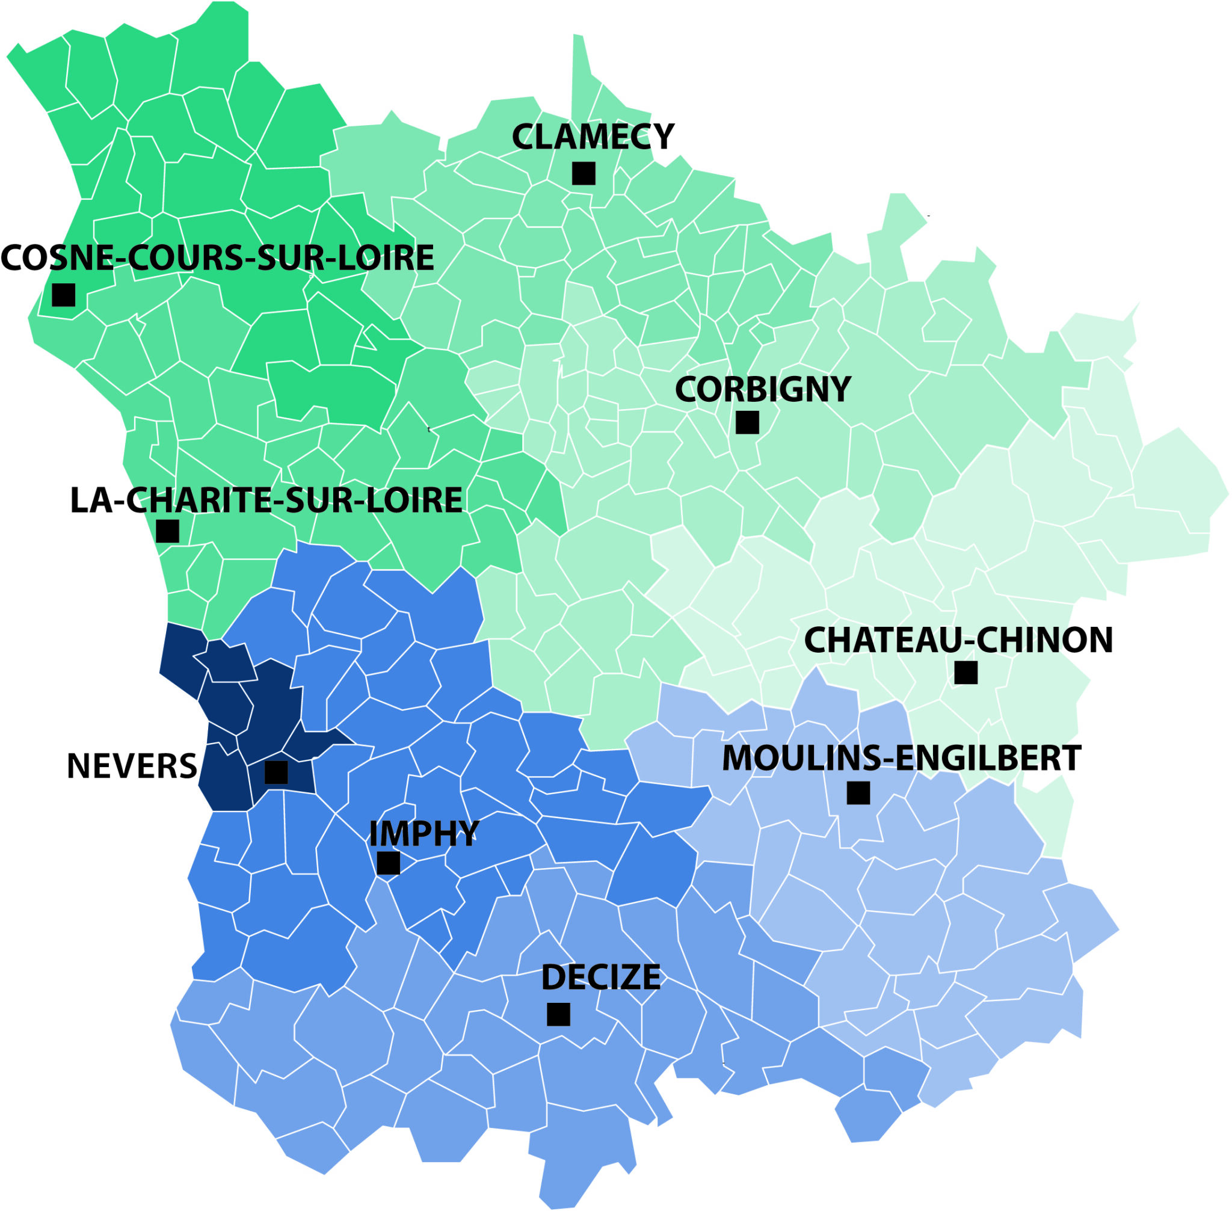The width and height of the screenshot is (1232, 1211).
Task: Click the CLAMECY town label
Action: coord(592,137)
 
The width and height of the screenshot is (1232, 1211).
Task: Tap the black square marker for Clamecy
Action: coord(584,173)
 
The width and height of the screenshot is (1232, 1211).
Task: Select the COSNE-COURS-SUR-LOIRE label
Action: coord(218,257)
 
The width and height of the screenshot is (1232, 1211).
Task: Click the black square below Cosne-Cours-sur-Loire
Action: coord(64,295)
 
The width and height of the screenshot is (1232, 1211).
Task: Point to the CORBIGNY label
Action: coord(763,389)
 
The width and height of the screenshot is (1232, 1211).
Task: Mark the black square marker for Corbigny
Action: coord(747,422)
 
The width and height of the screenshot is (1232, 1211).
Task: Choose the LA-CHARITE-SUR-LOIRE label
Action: coord(266,501)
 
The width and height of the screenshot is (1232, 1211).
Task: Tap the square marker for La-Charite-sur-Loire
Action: coord(167,531)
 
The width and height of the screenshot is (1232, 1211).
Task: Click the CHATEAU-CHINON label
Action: coord(958,641)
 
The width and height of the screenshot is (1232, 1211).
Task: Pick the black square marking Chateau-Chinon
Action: coord(966,673)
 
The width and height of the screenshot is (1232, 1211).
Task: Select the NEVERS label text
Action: coord(132,766)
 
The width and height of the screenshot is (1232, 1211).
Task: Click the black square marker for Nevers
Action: coord(276,772)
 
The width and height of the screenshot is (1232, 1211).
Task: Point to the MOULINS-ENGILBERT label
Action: coord(901,758)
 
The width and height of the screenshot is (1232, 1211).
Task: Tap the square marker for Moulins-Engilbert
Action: coord(858,793)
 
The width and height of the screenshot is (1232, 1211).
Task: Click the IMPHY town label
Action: coord(423,834)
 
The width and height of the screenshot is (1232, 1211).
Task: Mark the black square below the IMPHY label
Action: coord(389,863)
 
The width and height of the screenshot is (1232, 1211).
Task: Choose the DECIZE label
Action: coord(600,978)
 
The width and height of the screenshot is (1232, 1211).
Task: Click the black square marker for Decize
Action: coord(558,1014)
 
